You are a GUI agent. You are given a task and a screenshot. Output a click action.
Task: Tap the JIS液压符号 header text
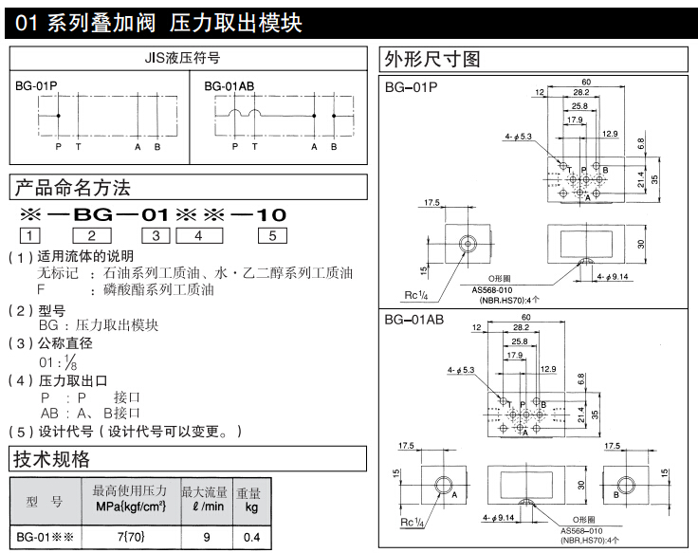(189, 58)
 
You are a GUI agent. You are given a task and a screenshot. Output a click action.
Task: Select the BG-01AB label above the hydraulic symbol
(230, 85)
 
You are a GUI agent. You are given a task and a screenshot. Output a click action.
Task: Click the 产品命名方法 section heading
(71, 187)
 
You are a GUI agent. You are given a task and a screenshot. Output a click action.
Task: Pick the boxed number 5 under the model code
(273, 236)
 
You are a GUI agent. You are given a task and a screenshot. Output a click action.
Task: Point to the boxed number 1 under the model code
(31, 236)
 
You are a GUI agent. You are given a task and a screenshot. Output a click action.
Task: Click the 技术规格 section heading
(51, 460)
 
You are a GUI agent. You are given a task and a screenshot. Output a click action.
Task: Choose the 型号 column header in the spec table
(44, 501)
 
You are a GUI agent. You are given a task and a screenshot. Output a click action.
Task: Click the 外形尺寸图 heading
(432, 59)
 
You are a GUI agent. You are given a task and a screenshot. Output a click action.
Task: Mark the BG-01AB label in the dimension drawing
(414, 320)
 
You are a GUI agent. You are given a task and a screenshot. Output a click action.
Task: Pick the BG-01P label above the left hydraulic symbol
(36, 85)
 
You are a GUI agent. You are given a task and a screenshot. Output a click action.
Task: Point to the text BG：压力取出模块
(98, 325)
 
